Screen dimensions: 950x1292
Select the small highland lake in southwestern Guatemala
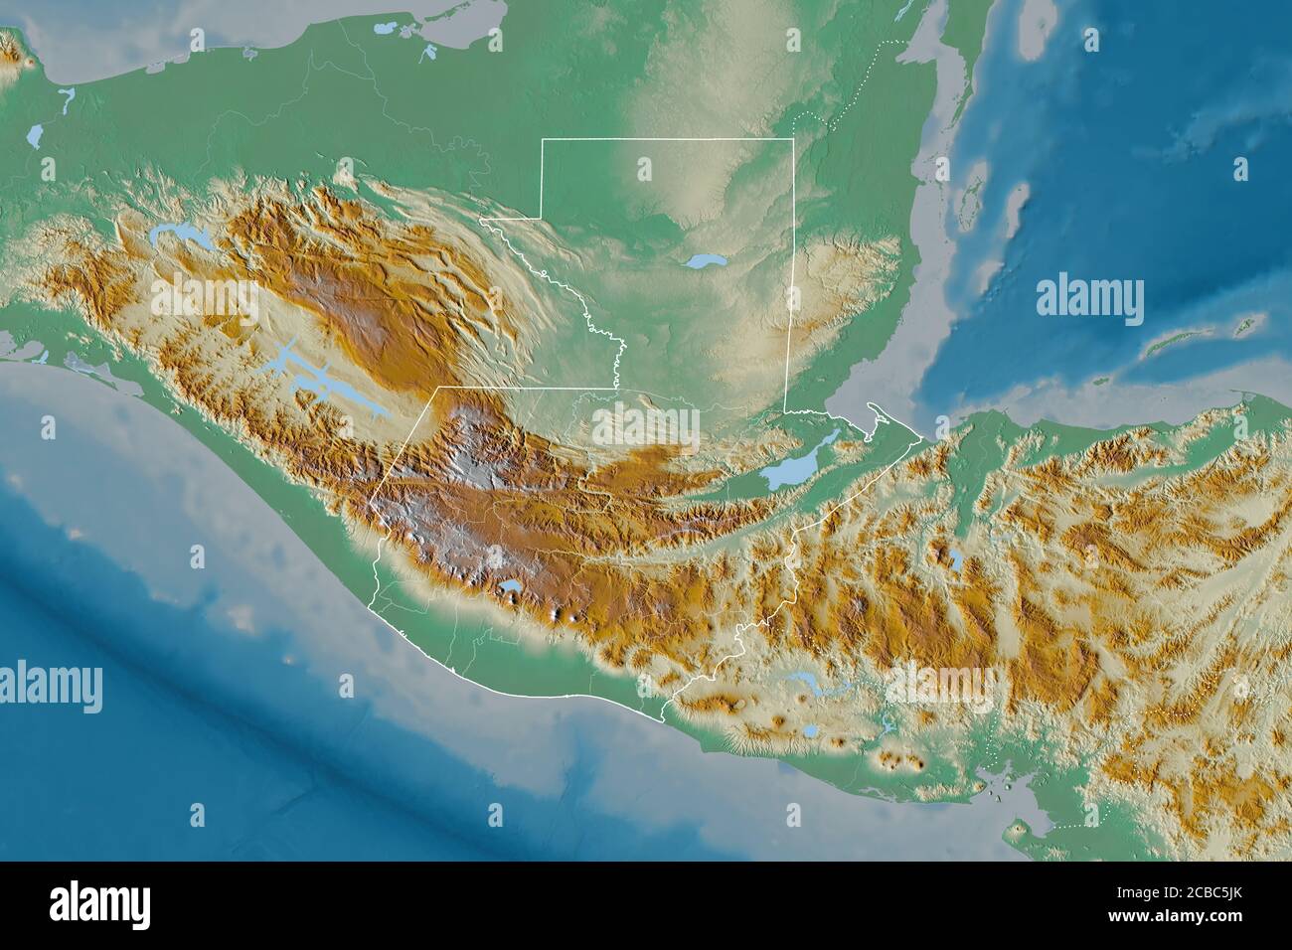512,591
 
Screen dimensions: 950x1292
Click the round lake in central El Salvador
812,730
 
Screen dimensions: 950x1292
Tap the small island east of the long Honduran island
1243,324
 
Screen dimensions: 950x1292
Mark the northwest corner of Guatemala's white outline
542,141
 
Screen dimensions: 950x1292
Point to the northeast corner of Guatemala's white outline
793,141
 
